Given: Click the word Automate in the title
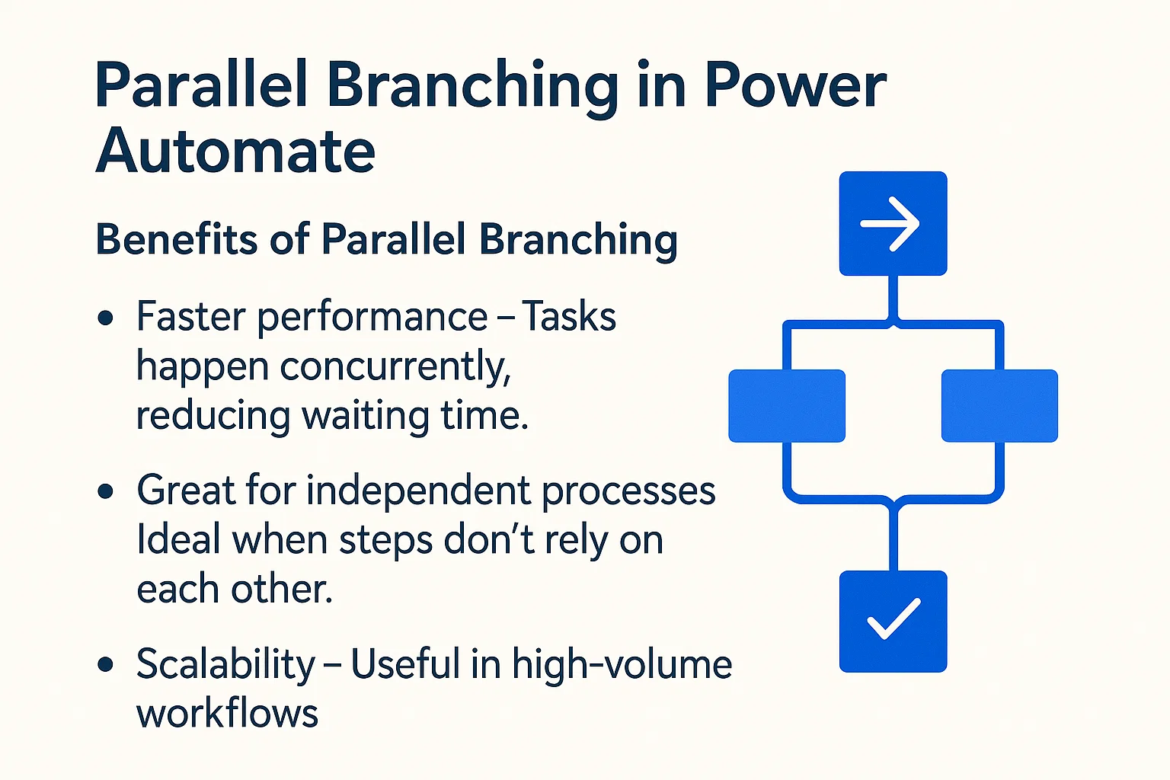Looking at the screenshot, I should [x=235, y=151].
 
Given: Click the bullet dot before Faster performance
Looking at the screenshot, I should [x=106, y=318].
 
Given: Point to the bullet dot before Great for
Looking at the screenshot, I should [x=106, y=491].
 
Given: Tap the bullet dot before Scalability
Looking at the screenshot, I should [x=106, y=665].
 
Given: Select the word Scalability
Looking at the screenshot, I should [x=225, y=664].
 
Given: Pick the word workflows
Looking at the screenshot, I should [x=227, y=714].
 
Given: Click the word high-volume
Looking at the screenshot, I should [x=622, y=664].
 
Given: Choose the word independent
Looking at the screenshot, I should [x=418, y=491].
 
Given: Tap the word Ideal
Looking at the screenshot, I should [x=179, y=540].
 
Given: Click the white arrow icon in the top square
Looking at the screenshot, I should [x=891, y=224].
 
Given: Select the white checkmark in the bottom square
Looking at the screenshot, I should [x=893, y=619].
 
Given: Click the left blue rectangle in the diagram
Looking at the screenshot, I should [x=787, y=406].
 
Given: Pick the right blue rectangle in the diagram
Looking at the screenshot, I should [x=999, y=406].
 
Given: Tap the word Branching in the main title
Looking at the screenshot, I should [x=472, y=85].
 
